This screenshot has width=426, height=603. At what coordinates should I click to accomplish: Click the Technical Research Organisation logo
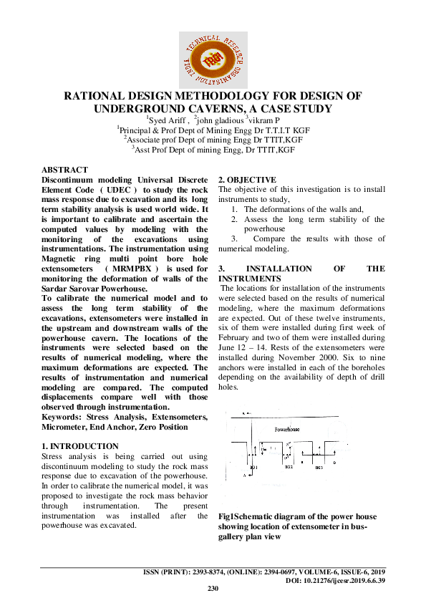213,57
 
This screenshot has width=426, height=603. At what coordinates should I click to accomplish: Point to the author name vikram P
264,120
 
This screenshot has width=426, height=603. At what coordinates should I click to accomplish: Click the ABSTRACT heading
64,170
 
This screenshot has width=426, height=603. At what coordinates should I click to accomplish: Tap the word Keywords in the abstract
62,417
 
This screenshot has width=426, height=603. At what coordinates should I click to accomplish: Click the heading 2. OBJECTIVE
246,179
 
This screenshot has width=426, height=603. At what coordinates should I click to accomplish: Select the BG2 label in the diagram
289,467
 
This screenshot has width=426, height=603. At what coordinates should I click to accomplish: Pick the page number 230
213,589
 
